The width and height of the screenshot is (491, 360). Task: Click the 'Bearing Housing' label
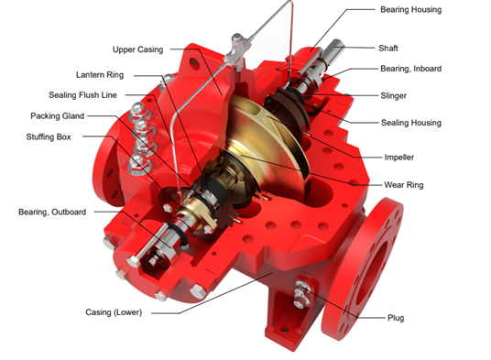[410, 10]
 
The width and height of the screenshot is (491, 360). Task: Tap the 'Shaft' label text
[388, 49]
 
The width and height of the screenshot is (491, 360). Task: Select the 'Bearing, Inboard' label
[410, 69]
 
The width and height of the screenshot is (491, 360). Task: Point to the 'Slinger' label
[393, 96]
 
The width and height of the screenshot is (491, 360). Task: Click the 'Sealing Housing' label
[410, 123]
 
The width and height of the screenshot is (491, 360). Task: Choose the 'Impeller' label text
[399, 158]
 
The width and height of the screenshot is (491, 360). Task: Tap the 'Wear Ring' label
[404, 185]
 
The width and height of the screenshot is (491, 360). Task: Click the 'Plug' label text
[396, 318]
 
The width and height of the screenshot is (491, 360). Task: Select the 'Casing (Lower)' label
[114, 312]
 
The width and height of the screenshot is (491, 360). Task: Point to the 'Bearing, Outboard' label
[52, 212]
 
